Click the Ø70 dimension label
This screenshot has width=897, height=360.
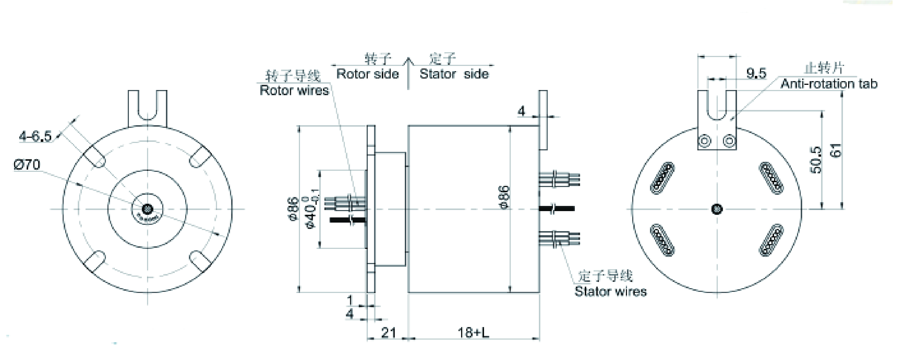27,164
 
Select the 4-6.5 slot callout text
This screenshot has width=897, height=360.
36,137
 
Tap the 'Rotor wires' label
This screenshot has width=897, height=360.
294,90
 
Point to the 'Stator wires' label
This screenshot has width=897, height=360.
610,291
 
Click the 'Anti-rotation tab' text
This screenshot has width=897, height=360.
829,84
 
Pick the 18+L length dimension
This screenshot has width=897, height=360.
473,333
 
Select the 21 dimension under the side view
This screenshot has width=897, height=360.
389,333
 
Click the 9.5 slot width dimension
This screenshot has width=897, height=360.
756,73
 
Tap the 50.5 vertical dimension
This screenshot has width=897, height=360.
816,160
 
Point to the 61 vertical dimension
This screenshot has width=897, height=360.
836,150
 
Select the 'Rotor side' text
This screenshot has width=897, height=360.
367,74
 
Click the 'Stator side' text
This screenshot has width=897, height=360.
454,74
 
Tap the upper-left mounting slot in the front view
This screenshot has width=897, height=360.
94,157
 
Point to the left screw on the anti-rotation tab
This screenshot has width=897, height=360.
704,141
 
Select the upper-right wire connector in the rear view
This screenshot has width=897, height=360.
771,177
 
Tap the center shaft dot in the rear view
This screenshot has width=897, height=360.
717,209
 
